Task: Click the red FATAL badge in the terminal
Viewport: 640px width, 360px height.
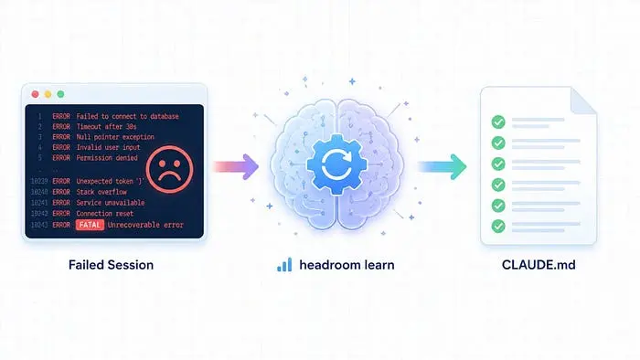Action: click(x=90, y=225)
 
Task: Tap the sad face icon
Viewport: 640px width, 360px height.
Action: click(x=169, y=169)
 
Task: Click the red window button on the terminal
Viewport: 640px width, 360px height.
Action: click(x=35, y=94)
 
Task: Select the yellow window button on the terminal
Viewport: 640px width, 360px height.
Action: click(x=48, y=94)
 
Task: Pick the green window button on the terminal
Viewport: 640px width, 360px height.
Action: click(x=60, y=94)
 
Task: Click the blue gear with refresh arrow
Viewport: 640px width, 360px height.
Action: click(x=336, y=164)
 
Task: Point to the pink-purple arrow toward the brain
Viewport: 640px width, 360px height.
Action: click(x=236, y=166)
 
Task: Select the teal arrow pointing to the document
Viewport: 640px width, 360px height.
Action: click(x=443, y=166)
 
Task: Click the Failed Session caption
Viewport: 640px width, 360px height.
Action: click(x=111, y=265)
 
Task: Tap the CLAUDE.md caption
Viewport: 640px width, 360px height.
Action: click(x=539, y=265)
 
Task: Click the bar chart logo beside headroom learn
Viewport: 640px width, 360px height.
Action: click(x=284, y=265)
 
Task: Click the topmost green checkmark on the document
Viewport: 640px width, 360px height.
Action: click(x=498, y=122)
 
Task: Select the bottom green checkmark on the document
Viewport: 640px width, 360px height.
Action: click(x=498, y=227)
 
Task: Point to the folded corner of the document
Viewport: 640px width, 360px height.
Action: click(x=582, y=101)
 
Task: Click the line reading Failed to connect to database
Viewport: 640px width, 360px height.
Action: click(x=127, y=116)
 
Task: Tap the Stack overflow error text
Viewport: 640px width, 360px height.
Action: click(x=101, y=192)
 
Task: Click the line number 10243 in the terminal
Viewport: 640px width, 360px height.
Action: click(x=39, y=225)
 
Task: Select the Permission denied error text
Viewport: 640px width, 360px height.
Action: click(x=107, y=158)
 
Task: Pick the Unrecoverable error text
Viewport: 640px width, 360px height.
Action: click(x=145, y=225)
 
